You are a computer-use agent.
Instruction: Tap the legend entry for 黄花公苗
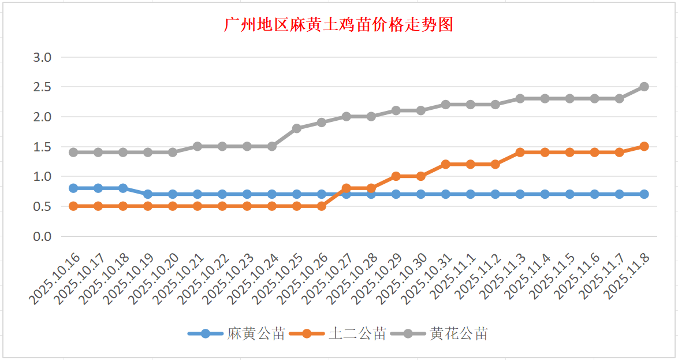click(x=459, y=334)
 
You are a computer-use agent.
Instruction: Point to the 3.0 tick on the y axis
click(x=43, y=57)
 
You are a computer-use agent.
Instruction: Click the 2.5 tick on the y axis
click(x=43, y=87)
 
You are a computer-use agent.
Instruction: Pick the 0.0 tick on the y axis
click(x=43, y=236)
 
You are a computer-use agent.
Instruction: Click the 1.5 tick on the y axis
click(x=43, y=147)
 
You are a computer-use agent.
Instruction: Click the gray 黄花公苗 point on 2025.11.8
click(x=644, y=87)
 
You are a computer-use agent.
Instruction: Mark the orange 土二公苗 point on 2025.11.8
click(x=644, y=146)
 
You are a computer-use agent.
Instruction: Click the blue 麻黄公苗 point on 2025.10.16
click(x=73, y=188)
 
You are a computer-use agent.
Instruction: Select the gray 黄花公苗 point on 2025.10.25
click(x=297, y=128)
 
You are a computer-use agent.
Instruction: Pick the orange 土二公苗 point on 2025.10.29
click(x=396, y=176)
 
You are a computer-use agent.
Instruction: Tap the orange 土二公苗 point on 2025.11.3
click(x=520, y=153)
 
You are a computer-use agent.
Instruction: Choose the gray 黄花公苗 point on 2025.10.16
click(x=73, y=153)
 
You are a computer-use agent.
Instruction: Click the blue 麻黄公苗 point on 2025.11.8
click(x=644, y=194)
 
